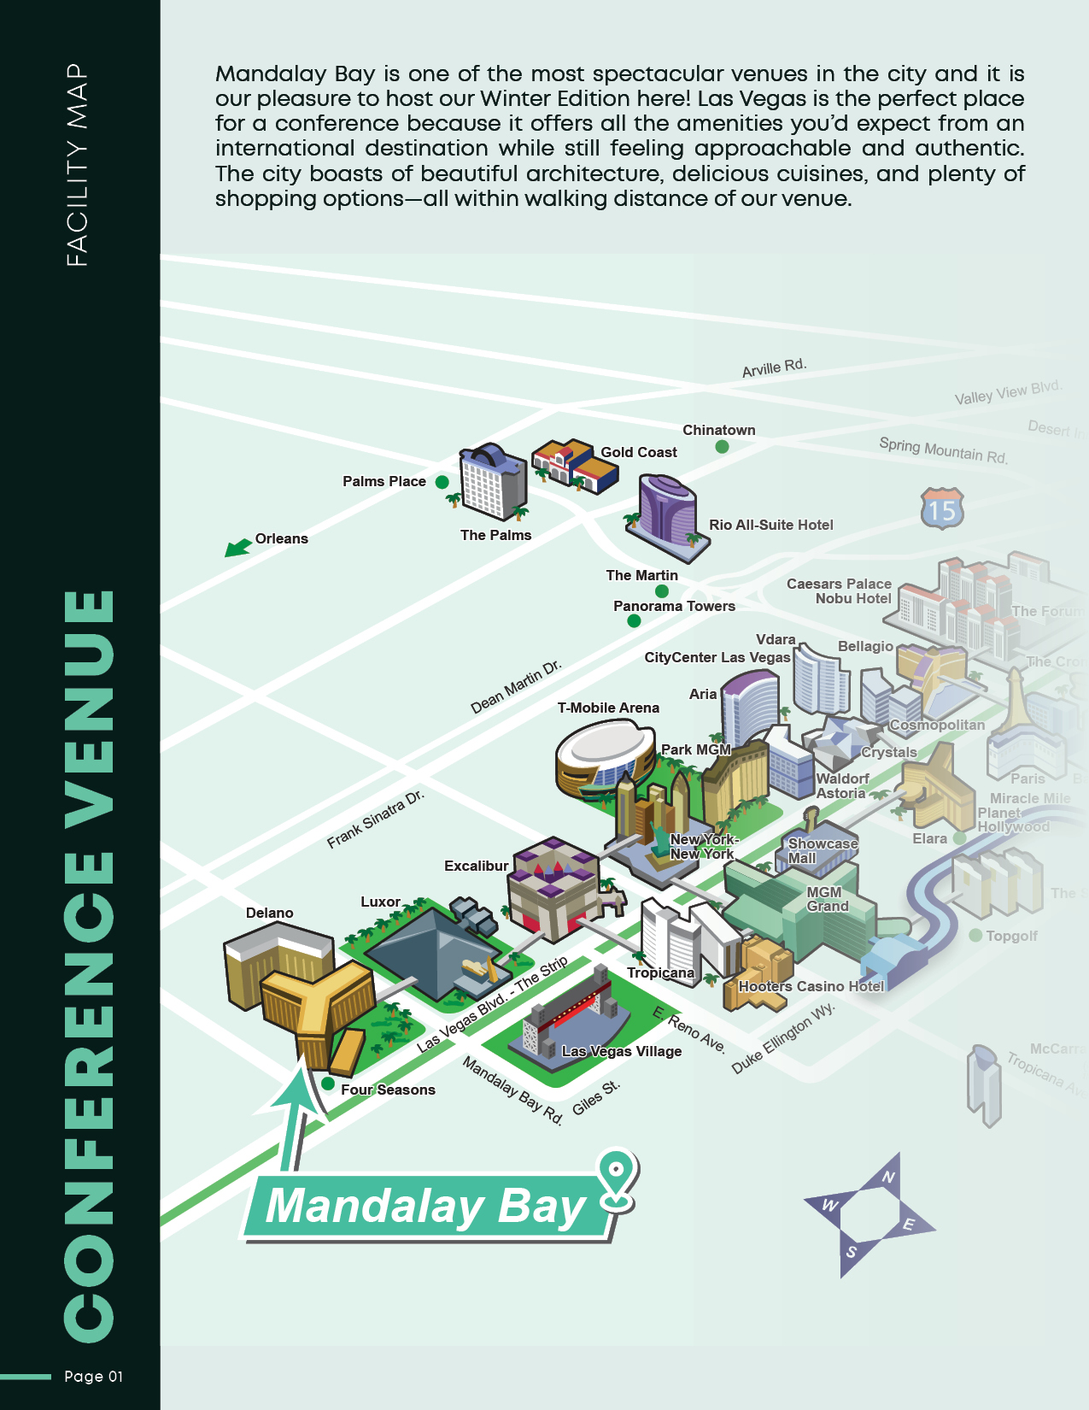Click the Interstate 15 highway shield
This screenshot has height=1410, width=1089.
[x=942, y=509]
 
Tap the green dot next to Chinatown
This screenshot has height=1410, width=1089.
[x=722, y=446]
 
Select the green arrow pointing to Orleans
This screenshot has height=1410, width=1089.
[x=237, y=547]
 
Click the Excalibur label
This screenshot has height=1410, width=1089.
[x=476, y=866]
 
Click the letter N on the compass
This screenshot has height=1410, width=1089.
[x=888, y=1178]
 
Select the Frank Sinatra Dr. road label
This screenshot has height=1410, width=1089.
[x=376, y=820]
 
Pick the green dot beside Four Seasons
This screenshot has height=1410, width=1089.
[x=327, y=1084]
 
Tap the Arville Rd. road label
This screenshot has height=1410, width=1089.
[x=774, y=367]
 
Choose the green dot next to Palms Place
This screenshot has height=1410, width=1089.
[x=442, y=482]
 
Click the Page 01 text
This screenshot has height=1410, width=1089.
[x=94, y=1376]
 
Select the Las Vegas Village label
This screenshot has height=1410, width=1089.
[x=621, y=1051]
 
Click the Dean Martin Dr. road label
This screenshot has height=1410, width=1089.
[x=516, y=686]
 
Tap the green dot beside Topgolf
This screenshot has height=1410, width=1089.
[x=975, y=936]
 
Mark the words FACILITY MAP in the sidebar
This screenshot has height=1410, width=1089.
[x=77, y=165]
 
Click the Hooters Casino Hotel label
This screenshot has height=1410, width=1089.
[x=811, y=986]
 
